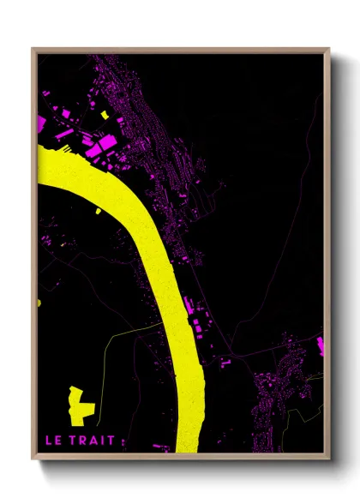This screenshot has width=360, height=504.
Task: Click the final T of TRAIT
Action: click(116, 441)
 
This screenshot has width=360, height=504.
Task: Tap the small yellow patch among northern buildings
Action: click(105, 114)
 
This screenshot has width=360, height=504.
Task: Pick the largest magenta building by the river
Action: click(106, 142)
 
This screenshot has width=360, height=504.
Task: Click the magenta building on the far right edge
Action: click(321, 345)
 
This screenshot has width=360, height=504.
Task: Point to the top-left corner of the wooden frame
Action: click(33, 49)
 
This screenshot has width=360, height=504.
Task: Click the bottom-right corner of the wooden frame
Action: click(329, 461)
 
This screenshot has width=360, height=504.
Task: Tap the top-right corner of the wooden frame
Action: click(329, 49)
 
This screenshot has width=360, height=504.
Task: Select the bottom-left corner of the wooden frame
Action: click(33, 461)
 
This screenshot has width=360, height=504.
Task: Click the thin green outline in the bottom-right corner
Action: click(300, 420)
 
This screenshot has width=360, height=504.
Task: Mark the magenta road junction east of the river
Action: click(230, 352)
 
